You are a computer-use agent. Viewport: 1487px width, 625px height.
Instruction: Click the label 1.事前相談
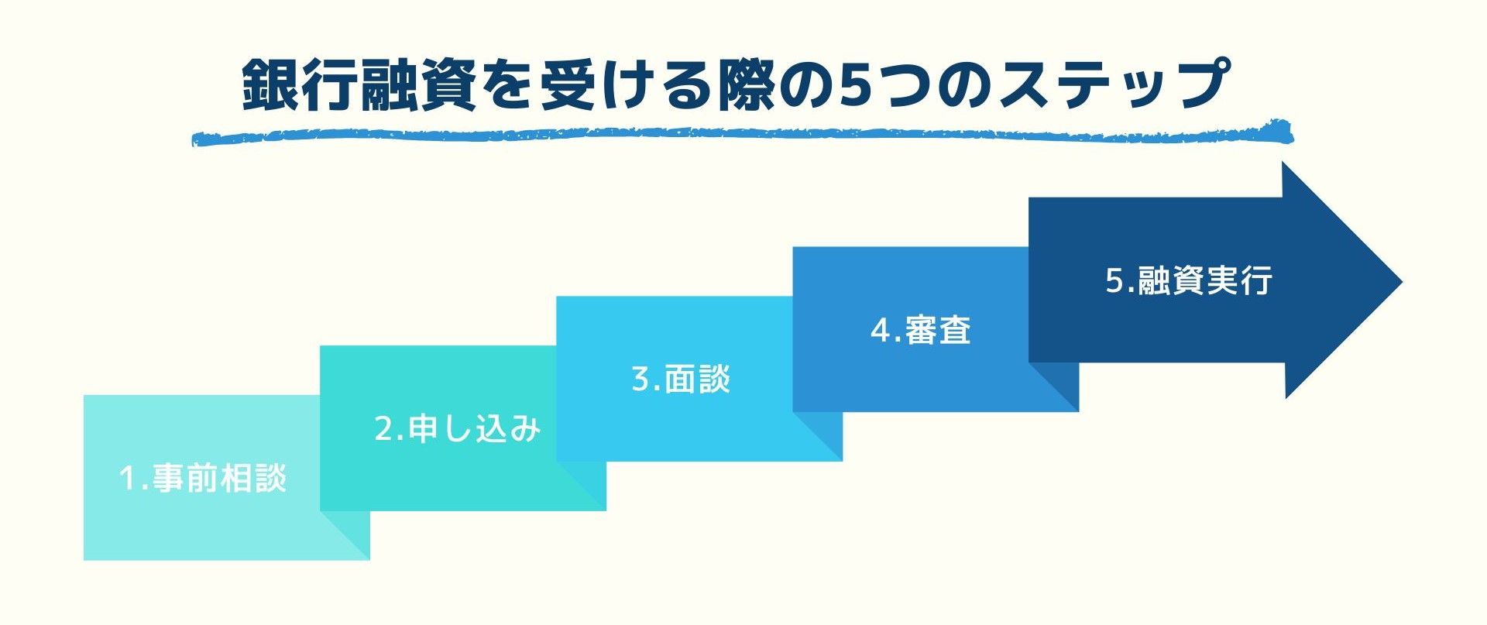pos(203,478)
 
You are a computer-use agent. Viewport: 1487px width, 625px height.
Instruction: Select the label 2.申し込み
pos(457,428)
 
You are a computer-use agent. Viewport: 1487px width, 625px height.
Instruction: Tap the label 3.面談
pos(681,379)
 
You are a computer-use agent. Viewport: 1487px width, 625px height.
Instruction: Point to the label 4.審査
pos(921,330)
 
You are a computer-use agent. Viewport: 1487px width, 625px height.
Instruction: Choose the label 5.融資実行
pos(1189,280)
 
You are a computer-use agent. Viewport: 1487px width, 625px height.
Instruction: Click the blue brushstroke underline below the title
pos(742,134)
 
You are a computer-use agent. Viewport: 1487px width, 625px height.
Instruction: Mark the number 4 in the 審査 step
pos(881,331)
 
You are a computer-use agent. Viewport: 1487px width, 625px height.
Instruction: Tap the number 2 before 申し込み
pos(385,429)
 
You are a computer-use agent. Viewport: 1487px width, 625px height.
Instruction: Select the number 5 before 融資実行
pos(1115,281)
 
